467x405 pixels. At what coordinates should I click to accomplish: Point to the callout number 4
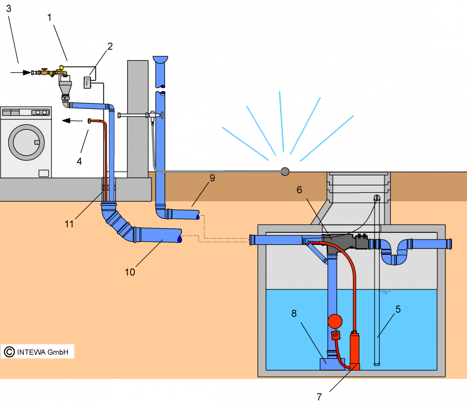click(x=79, y=161)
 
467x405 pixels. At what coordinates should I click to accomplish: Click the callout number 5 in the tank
click(x=399, y=310)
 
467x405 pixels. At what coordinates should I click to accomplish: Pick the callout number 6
click(x=299, y=190)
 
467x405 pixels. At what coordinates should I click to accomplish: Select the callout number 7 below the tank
click(x=320, y=397)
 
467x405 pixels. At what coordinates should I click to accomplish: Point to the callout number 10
click(x=130, y=271)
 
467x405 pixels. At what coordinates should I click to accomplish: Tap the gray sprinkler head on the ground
click(x=285, y=171)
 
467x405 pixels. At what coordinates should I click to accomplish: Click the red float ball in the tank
click(x=335, y=321)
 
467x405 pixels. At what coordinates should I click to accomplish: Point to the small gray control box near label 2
click(x=87, y=81)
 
